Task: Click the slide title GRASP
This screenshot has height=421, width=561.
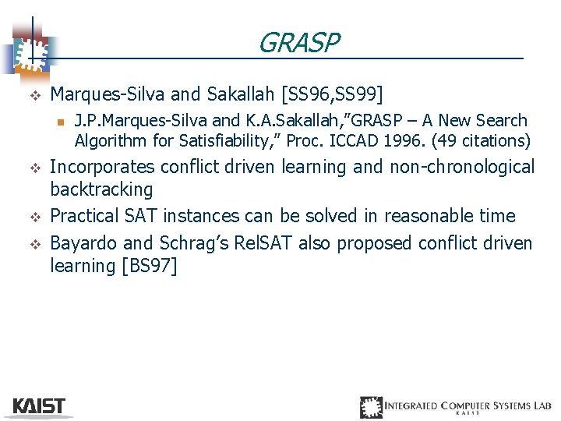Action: pos(298,43)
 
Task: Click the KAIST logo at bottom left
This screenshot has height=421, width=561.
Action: pos(39,406)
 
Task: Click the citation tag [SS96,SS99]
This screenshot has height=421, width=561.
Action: pos(333,94)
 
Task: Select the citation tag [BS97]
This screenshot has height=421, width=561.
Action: pos(150,266)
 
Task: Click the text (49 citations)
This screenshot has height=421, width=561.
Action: pos(482,141)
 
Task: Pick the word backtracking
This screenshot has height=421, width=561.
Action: pos(101,189)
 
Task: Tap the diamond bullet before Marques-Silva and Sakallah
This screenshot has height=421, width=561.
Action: pos(34,95)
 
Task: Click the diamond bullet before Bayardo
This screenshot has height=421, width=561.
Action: pos(34,244)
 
